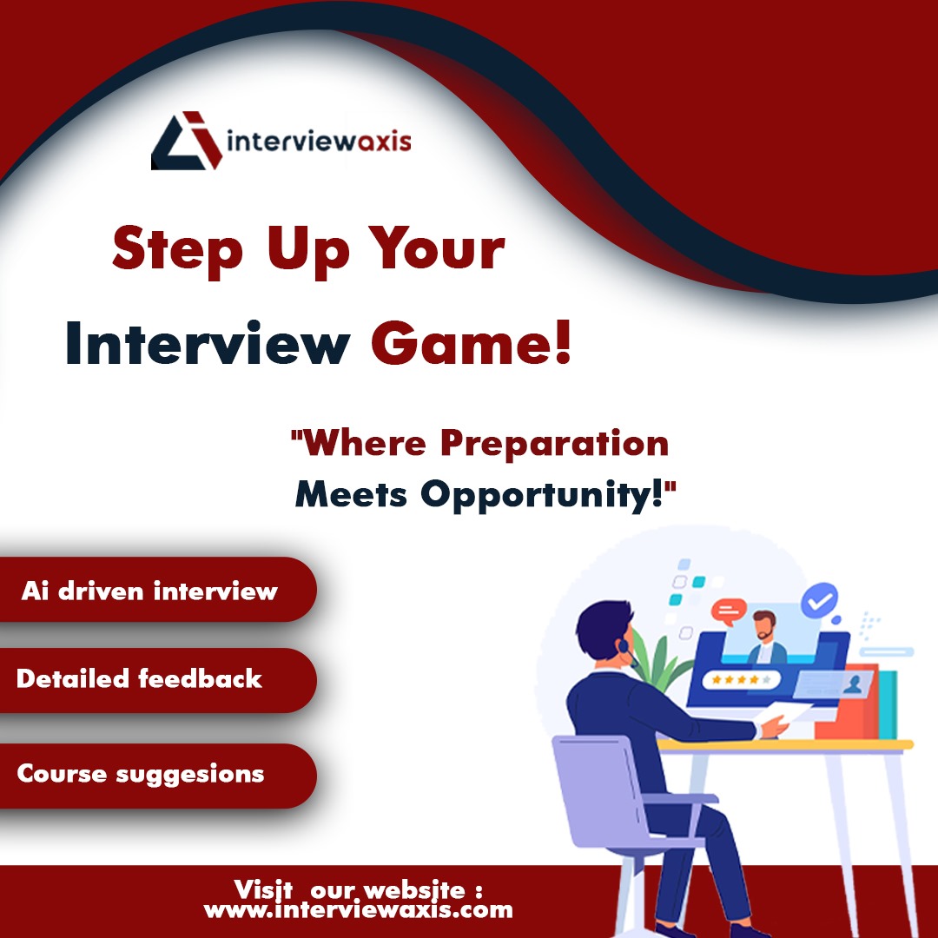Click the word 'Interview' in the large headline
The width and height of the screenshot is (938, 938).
pos(207,344)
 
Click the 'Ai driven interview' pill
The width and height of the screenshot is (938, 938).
pos(149,591)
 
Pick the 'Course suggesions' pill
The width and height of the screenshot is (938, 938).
pos(141,774)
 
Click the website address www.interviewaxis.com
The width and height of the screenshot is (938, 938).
pos(358,910)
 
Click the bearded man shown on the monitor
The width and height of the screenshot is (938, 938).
pos(764,638)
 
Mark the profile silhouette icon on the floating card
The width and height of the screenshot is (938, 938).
pos(854,683)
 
